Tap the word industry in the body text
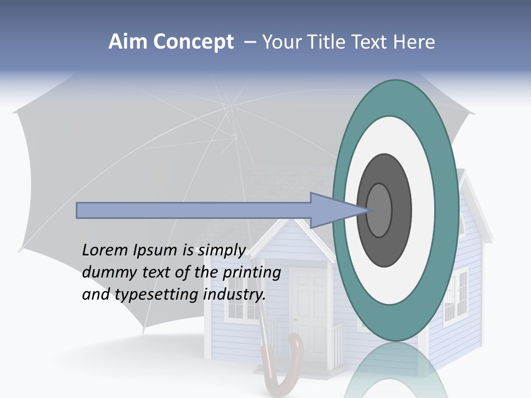[x=235, y=295]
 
